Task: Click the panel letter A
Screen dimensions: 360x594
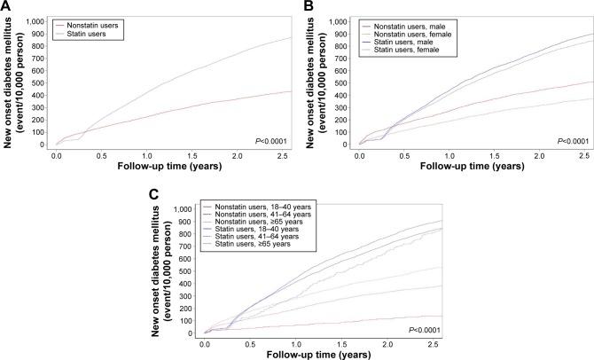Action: point(6,6)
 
